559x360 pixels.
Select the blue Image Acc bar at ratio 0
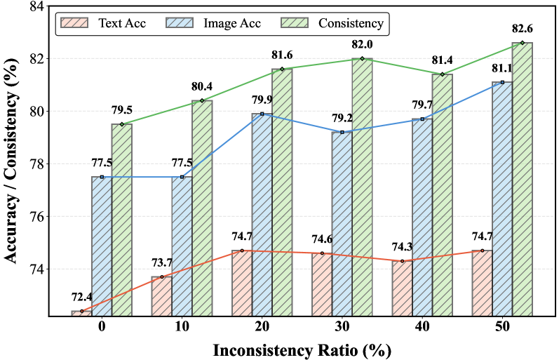102,246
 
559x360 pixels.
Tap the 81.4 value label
442,62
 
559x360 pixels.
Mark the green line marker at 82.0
362,59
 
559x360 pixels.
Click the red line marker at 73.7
162,277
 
